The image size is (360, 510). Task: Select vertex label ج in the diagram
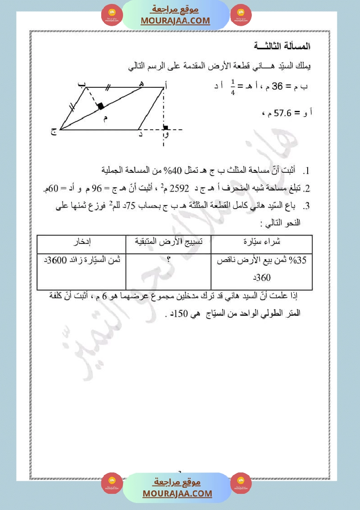click(53, 132)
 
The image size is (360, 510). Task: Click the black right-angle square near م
click(101, 106)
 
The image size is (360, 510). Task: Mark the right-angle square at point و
click(165, 127)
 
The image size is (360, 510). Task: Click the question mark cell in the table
click(168, 259)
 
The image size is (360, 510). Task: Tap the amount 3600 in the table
click(56, 260)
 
